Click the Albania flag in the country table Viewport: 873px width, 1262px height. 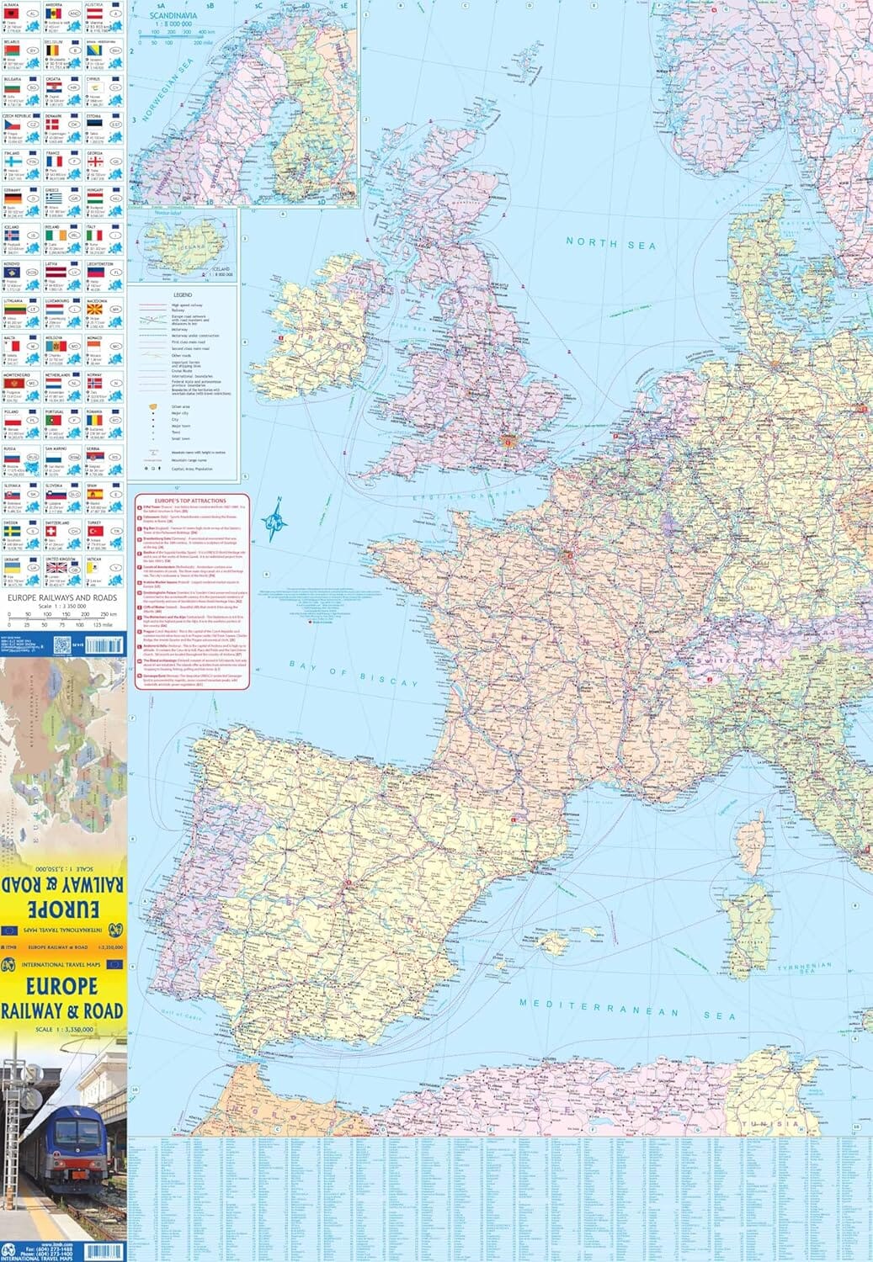(x=13, y=14)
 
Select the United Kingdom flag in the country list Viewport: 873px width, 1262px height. (x=56, y=568)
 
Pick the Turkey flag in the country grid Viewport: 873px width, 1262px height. (x=95, y=532)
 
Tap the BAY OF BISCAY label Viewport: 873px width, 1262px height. (x=354, y=673)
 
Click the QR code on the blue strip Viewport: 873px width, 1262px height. (x=61, y=645)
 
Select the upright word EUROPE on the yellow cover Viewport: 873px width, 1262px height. (x=61, y=985)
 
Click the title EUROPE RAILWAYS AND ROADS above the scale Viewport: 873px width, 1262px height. (x=62, y=597)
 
